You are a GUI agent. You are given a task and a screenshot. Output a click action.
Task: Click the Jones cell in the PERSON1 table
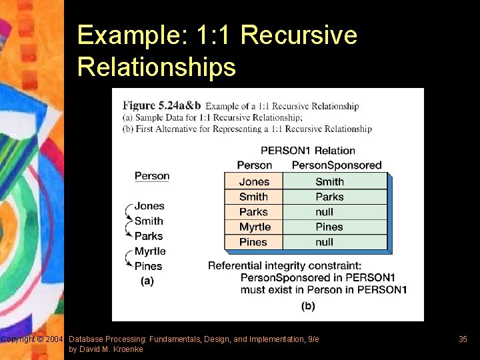click(x=254, y=181)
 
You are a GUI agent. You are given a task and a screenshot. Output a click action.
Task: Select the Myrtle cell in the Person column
click(x=255, y=227)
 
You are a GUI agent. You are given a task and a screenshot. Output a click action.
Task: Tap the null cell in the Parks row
click(x=325, y=212)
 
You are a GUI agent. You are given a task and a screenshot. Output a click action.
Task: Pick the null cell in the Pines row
click(x=325, y=243)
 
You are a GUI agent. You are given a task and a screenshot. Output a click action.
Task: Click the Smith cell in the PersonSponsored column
click(x=329, y=181)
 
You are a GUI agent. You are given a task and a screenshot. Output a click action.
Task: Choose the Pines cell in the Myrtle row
click(x=329, y=227)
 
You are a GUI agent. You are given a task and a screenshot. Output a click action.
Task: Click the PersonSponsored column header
click(x=337, y=165)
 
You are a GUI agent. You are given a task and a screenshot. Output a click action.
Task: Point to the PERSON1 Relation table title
click(x=307, y=151)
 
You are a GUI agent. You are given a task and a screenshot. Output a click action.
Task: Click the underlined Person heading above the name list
click(x=152, y=176)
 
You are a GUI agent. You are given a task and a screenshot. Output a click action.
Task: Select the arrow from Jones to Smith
click(x=129, y=213)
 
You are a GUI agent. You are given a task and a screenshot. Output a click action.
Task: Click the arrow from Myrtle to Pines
click(x=129, y=259)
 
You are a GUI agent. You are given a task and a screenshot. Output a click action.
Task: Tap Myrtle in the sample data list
click(x=150, y=251)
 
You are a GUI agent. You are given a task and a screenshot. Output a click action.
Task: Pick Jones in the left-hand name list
click(x=149, y=207)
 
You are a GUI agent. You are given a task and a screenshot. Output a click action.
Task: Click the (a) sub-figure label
click(x=147, y=281)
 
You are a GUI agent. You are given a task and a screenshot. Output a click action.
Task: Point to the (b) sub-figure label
click(x=308, y=306)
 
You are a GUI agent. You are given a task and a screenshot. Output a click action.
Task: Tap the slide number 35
click(x=463, y=339)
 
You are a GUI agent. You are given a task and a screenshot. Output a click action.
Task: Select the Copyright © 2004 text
click(x=32, y=339)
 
